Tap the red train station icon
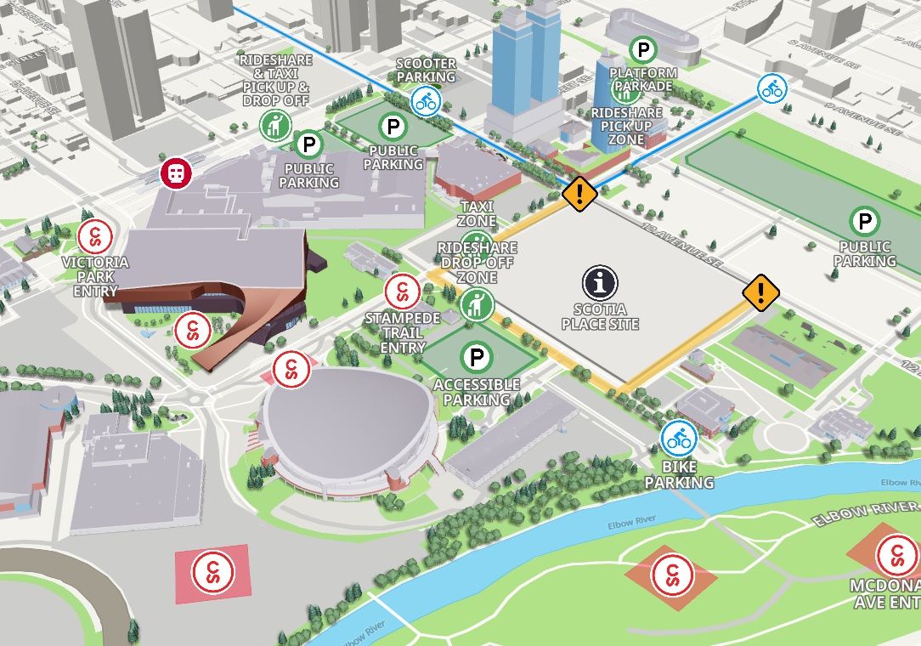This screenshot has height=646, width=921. pos(176,173)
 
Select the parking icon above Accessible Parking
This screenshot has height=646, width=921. pos(477,357)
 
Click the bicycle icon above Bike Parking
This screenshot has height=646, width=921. pos(679,439)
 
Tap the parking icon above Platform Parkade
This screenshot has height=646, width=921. pos(644,50)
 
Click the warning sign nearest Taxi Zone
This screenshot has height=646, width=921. pos(579,194)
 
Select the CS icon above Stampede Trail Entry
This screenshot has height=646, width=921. pos(402,292)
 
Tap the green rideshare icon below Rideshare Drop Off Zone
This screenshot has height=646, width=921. pos(477,303)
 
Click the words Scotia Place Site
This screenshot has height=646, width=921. pos(600,317)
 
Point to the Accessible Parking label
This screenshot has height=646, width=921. pos(477,392)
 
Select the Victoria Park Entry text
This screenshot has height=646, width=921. pos(95,276)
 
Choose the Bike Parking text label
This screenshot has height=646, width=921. pos(679,475)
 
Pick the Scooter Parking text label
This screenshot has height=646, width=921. pos(427,71)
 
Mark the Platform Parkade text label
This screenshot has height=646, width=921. pos(644,79)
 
